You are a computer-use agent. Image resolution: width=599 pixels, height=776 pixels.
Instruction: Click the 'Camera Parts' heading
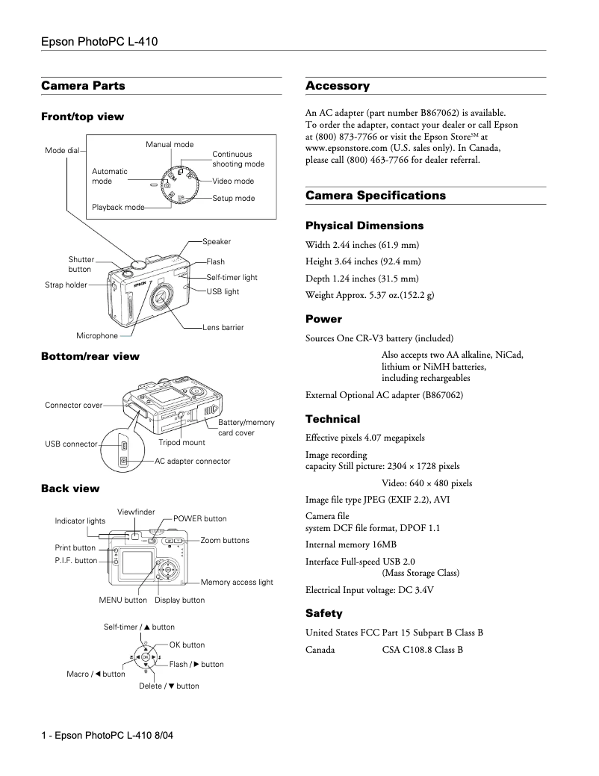coord(83,86)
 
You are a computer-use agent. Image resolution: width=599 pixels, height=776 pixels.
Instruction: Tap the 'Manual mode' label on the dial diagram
coord(170,144)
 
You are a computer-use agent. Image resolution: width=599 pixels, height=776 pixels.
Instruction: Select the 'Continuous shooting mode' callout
coord(238,159)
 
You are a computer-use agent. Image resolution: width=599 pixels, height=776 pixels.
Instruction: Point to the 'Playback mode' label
coord(118,207)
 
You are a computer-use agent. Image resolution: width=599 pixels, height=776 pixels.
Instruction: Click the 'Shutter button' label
coord(81,264)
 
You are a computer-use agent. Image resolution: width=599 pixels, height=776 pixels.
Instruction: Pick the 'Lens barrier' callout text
coord(223,327)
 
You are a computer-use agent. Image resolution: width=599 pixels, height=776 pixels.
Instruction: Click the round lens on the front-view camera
coord(161,297)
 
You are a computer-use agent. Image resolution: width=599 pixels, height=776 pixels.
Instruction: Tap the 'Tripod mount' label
coord(181,443)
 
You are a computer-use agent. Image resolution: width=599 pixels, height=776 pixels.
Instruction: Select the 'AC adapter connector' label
coord(193,462)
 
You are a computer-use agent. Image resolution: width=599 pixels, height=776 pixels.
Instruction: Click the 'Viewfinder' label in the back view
coord(136,512)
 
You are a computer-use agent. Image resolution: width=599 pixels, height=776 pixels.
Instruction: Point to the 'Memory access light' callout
coord(237,582)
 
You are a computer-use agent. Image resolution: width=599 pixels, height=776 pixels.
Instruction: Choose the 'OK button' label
coord(187,645)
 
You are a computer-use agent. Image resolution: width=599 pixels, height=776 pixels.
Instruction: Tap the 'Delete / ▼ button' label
coord(169,686)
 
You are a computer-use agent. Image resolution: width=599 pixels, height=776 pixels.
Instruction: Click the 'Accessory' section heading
coord(338,86)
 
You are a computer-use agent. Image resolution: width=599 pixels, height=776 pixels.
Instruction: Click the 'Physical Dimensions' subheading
coord(364,226)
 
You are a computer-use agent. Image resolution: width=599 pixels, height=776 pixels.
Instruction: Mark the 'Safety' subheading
coord(324,613)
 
